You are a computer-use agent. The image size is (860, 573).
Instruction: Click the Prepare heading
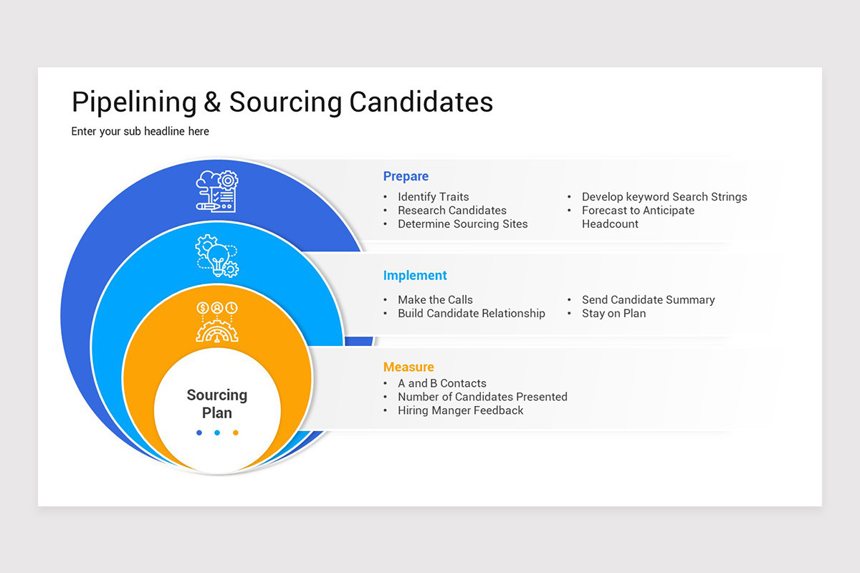pos(406,176)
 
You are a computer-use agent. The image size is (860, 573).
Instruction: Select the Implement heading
pos(415,275)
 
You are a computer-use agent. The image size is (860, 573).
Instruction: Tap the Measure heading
pos(408,367)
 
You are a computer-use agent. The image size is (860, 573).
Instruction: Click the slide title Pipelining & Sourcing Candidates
pos(282,102)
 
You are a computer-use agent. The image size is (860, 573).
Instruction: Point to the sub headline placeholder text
pos(140,131)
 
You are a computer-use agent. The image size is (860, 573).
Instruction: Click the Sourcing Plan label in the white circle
pos(217,403)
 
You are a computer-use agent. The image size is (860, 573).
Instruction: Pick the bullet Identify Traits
pos(434,196)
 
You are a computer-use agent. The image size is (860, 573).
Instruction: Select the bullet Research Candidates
pos(452,210)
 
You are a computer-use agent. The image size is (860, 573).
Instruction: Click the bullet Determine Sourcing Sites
pos(463,223)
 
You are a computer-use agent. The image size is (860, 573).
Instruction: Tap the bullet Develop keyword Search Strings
pos(664,196)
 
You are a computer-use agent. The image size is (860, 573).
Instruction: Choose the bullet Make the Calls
pos(436,299)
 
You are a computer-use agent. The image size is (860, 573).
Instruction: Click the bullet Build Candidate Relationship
pos(472,313)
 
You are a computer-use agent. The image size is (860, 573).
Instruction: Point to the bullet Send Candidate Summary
pos(649,299)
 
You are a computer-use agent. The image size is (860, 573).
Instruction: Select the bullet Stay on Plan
pos(614,313)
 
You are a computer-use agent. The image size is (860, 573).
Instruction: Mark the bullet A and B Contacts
pos(442,383)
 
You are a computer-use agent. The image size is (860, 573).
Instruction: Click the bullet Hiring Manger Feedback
pos(461,410)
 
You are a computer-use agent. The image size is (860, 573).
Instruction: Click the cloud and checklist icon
pos(217,191)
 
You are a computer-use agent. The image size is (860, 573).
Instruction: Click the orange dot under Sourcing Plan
pos(235,433)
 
